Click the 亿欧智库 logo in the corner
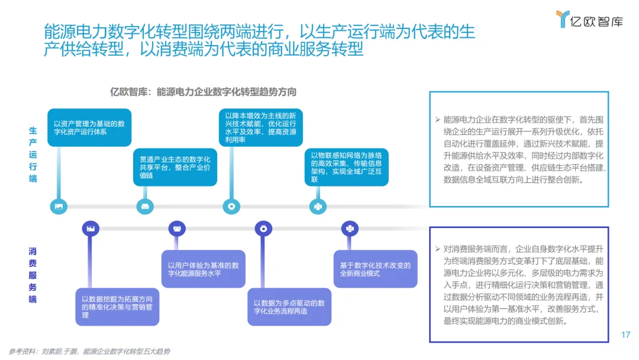pos(589,20)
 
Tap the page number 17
pos(625,335)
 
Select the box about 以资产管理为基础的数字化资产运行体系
pos(89,128)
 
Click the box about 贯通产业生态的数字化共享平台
pos(175,168)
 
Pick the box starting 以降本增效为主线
pos(260,127)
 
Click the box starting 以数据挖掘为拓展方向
pos(117,307)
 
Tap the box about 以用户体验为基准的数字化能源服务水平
pos(204,269)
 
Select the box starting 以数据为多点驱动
pos(289,307)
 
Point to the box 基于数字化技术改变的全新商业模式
pos(375,269)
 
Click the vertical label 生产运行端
pos(33,155)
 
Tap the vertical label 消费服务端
pos(33,275)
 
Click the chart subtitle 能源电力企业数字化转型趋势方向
pos(203,92)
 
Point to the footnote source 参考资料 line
pos(89,351)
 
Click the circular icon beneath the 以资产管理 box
pos(59,207)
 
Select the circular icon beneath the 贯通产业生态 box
pos(145,207)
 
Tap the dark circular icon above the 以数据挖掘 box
pos(91,228)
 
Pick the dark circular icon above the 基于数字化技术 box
pos(349,228)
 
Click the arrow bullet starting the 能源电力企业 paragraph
pos(437,119)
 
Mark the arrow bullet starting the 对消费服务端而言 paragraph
pos(437,249)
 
